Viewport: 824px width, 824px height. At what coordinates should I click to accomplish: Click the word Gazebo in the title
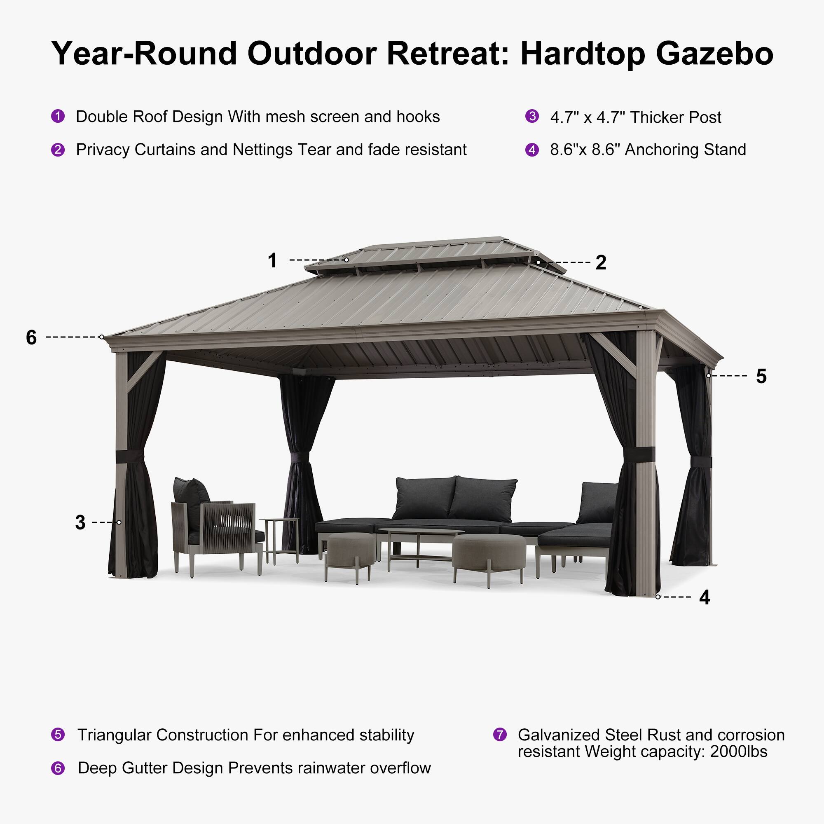[x=714, y=54]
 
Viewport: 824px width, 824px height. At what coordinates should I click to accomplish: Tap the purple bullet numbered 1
[x=58, y=116]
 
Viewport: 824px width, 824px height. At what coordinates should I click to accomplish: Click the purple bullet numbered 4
[x=532, y=150]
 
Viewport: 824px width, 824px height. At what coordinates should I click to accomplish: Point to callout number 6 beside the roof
[x=31, y=337]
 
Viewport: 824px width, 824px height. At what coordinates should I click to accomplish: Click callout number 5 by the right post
[x=761, y=376]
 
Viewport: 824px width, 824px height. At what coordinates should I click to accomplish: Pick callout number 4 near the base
[x=705, y=597]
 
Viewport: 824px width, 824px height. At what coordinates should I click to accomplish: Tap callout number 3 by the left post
[x=80, y=522]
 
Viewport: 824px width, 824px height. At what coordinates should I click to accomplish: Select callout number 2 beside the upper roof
[x=601, y=262]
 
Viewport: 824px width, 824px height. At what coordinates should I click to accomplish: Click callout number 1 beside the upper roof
[x=272, y=260]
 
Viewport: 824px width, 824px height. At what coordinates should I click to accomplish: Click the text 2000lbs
[x=739, y=751]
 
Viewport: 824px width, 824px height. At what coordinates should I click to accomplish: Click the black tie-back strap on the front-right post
[x=639, y=454]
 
